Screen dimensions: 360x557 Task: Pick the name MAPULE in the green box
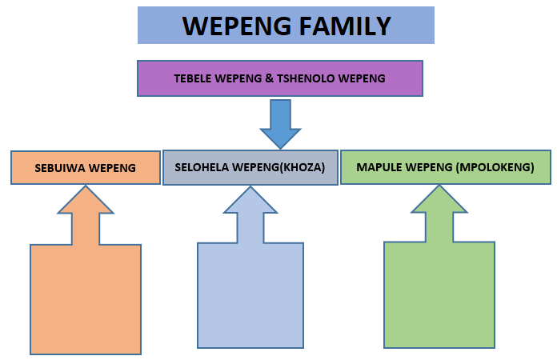(376, 168)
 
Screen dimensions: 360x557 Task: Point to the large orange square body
(86, 298)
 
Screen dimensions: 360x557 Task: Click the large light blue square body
(250, 295)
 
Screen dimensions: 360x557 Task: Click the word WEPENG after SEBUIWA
(111, 169)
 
